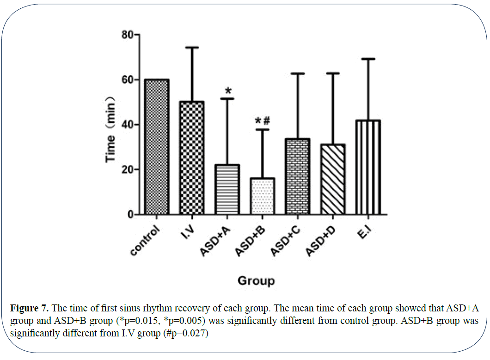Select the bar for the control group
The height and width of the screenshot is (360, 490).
click(157, 147)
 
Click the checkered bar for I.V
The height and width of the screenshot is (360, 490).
click(192, 158)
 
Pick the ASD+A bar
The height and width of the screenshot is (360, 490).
click(227, 190)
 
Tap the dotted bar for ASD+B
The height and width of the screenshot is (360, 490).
click(262, 196)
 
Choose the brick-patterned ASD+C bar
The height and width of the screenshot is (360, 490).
click(297, 177)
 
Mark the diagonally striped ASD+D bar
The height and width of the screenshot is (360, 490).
click(333, 180)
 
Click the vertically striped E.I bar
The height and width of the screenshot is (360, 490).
click(368, 168)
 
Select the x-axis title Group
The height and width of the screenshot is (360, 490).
click(256, 280)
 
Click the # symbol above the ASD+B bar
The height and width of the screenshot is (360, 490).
click(266, 121)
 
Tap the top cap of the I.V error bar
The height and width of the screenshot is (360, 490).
click(192, 47)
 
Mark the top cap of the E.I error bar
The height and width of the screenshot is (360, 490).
click(368, 59)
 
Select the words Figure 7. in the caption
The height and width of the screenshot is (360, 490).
click(28, 308)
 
